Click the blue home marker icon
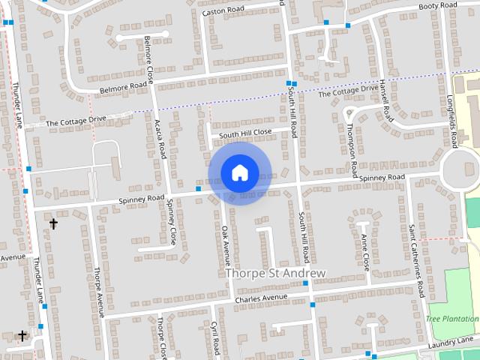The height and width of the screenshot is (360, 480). point(239,173)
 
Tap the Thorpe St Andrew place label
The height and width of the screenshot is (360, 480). point(276,274)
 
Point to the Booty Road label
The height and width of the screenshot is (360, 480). point(438,6)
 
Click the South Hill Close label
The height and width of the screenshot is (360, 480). point(245,133)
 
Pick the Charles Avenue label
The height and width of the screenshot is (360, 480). point(261,298)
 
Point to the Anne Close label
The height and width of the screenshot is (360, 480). point(364,252)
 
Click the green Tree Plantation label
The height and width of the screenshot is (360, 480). point(452,319)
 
